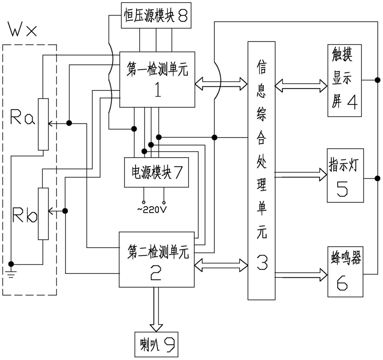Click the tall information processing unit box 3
(x=262, y=170)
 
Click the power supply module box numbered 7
(x=155, y=173)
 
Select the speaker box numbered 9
(x=155, y=346)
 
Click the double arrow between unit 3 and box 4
(x=301, y=84)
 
